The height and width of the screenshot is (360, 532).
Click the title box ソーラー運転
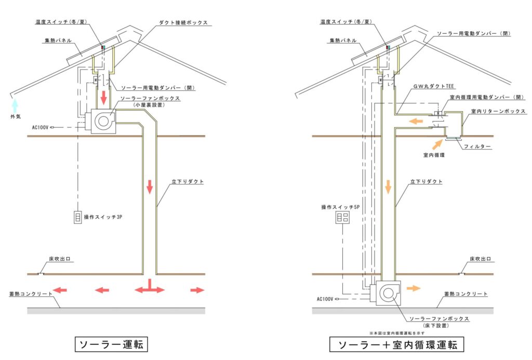(x=112, y=344)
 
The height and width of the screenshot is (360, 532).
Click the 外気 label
(x=16, y=117)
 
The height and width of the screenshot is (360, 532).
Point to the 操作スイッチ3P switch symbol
(x=77, y=217)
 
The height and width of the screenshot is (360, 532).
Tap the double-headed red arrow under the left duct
(x=150, y=287)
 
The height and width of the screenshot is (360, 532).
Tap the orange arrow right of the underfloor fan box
(x=414, y=287)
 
